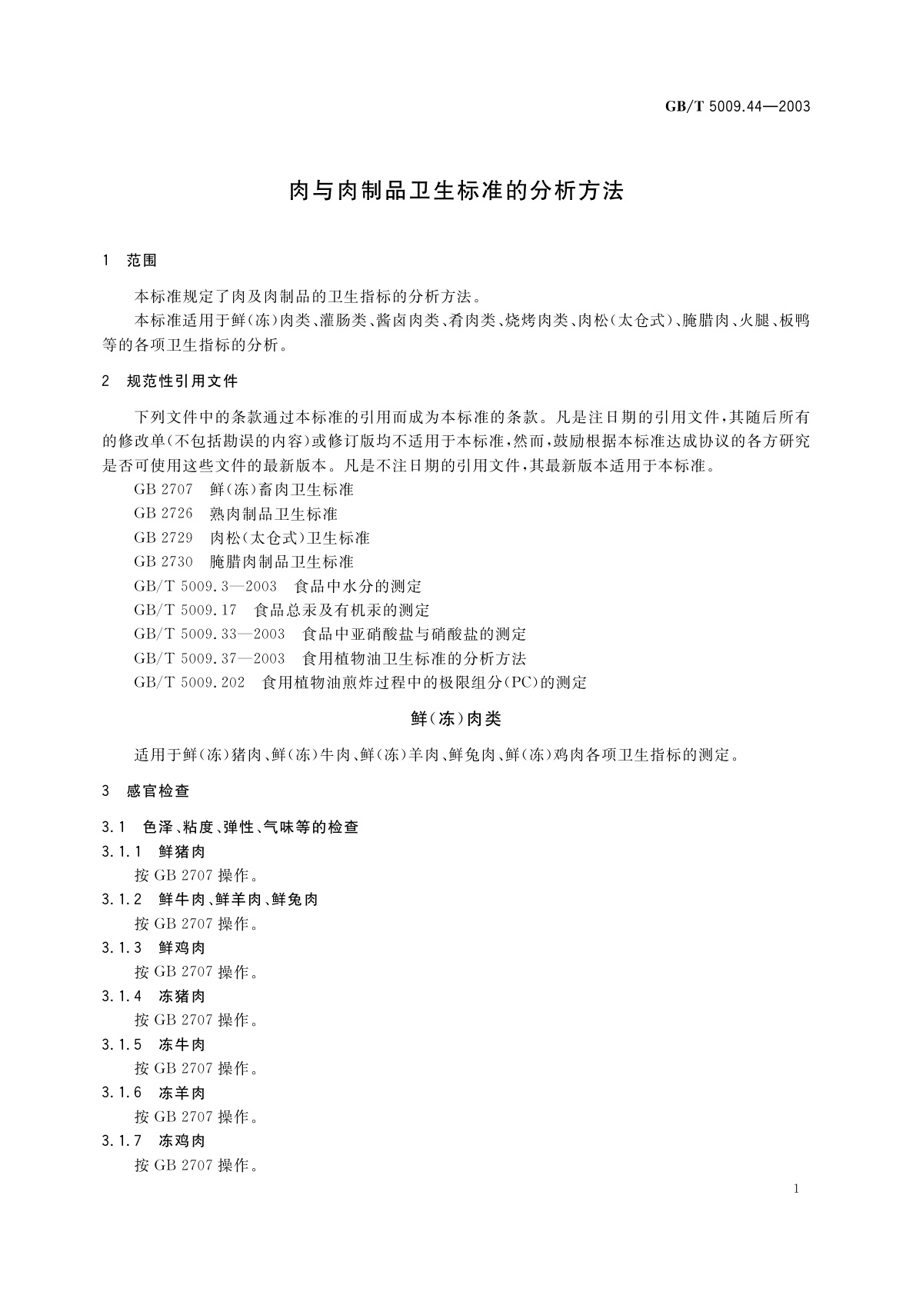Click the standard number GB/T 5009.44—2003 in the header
(738, 107)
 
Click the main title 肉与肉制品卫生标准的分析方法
(456, 191)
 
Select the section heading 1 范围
(129, 261)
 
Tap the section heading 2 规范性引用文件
(170, 381)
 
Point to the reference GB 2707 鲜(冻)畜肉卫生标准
(243, 489)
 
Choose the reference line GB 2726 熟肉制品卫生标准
(235, 514)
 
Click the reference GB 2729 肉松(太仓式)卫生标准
(251, 538)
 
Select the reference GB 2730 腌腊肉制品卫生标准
(243, 561)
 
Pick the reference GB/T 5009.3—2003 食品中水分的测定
(278, 586)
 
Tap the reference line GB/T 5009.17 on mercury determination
(281, 610)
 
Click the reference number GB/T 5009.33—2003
(209, 634)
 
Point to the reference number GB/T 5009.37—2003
(209, 658)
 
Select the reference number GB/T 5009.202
(189, 682)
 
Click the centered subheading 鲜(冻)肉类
(456, 719)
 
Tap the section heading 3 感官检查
(145, 791)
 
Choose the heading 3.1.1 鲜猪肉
(153, 851)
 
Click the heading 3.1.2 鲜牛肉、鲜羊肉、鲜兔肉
(209, 899)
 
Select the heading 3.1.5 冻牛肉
(153, 1044)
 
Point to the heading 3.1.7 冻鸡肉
(153, 1140)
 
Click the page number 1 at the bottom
(796, 1189)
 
